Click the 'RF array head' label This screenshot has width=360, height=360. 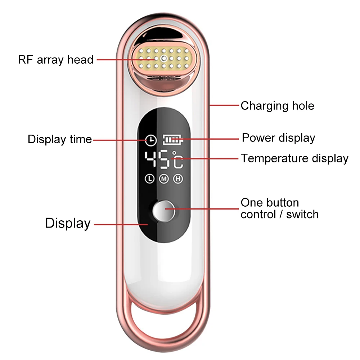(x=56, y=60)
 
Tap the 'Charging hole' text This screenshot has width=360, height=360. (x=277, y=106)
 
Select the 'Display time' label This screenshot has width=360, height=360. (x=60, y=139)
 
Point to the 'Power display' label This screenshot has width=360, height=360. (x=279, y=138)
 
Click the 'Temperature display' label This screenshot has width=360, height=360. (x=294, y=158)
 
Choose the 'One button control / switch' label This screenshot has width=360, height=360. (x=280, y=208)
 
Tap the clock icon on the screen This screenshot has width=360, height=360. (x=151, y=140)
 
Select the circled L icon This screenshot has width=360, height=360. (x=150, y=179)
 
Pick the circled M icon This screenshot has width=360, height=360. (x=164, y=179)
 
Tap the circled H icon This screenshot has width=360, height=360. (x=178, y=179)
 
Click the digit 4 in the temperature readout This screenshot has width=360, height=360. (x=150, y=159)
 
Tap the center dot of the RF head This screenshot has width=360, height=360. (x=164, y=59)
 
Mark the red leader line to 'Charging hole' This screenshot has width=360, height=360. (x=224, y=105)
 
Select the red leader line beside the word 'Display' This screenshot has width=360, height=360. (x=121, y=224)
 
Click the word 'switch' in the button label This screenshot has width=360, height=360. (x=302, y=215)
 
